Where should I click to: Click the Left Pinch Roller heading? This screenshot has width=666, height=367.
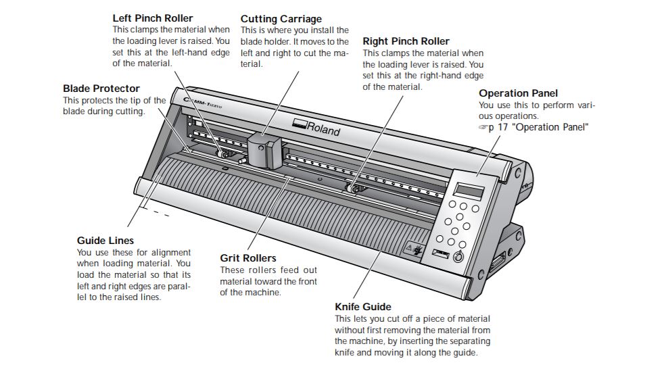(152, 18)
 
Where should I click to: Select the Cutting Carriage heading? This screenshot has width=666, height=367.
(281, 19)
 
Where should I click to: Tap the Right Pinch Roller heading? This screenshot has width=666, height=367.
(406, 41)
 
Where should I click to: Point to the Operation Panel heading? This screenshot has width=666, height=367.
(518, 93)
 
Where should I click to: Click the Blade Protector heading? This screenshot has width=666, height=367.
(101, 89)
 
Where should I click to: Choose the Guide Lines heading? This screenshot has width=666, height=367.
(105, 240)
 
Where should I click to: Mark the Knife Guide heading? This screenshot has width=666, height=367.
(363, 307)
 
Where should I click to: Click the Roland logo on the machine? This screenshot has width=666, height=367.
(317, 127)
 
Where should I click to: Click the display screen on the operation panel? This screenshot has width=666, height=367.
(470, 190)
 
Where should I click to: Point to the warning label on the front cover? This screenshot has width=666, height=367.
(413, 249)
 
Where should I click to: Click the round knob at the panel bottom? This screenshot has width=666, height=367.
(458, 257)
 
